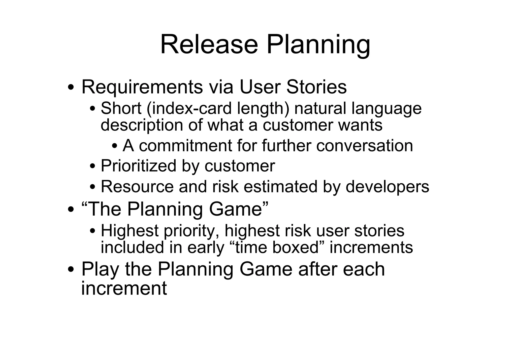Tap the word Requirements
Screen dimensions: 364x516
pyautogui.click(x=142, y=87)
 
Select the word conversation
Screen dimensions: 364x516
pyautogui.click(x=365, y=146)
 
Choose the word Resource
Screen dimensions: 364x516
pyautogui.click(x=137, y=187)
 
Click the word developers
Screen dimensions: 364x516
pyautogui.click(x=387, y=187)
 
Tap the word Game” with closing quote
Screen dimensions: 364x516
pyautogui.click(x=239, y=209)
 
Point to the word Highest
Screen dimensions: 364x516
pyautogui.click(x=130, y=231)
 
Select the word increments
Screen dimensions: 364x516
pyautogui.click(x=371, y=247)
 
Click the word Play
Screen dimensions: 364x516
pyautogui.click(x=100, y=269)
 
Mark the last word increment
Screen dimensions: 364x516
pyautogui.click(x=124, y=288)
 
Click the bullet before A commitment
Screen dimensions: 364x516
pyautogui.click(x=115, y=146)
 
